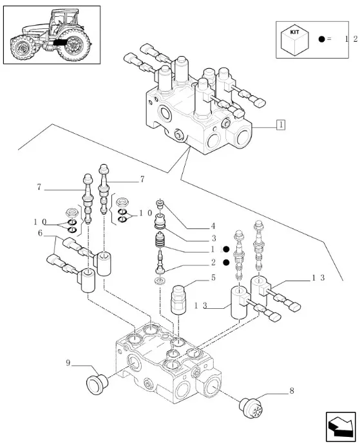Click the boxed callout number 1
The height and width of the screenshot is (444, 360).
click(x=281, y=125)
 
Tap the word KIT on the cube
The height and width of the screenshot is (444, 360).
click(x=294, y=32)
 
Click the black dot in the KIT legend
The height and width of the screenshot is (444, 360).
click(x=321, y=39)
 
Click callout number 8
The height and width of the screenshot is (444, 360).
click(x=291, y=391)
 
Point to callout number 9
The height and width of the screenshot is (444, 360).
click(x=68, y=363)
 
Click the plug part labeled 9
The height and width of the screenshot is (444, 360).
click(x=97, y=384)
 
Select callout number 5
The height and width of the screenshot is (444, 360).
click(x=213, y=278)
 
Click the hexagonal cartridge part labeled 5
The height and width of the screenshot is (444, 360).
click(x=178, y=299)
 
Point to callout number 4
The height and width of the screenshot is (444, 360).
click(x=213, y=226)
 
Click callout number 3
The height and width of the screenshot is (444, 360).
click(x=213, y=238)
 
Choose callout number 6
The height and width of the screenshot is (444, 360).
click(x=40, y=233)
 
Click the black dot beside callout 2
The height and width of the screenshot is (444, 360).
click(x=226, y=263)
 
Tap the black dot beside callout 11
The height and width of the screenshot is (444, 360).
click(x=226, y=249)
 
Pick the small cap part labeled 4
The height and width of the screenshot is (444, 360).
click(x=160, y=203)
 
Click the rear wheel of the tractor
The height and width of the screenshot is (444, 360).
click(x=74, y=45)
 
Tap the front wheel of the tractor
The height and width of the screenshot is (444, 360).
click(x=23, y=48)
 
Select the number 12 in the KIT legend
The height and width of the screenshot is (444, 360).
click(x=351, y=39)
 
